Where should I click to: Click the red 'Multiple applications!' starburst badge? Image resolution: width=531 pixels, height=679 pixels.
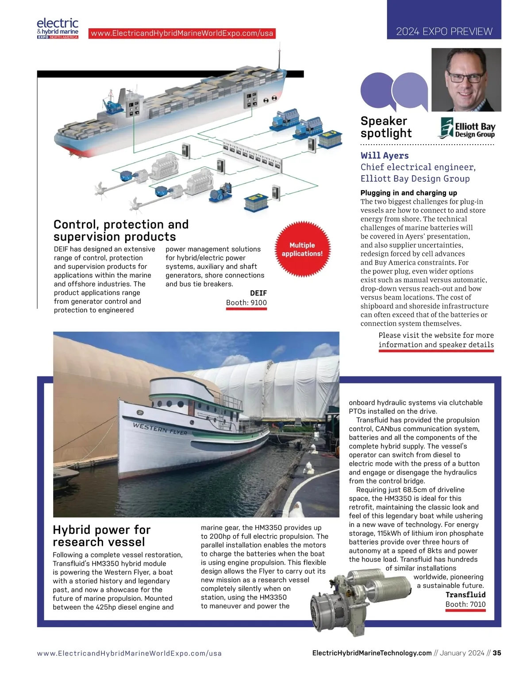click(302, 249)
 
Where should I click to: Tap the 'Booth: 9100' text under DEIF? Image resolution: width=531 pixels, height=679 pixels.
click(246, 303)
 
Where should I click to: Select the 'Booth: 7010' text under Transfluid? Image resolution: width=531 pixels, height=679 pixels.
click(466, 604)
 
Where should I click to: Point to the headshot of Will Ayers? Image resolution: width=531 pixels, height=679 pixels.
click(466, 80)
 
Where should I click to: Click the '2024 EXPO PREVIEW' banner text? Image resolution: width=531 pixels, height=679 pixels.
click(444, 31)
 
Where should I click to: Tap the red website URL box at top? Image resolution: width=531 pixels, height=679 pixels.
click(182, 33)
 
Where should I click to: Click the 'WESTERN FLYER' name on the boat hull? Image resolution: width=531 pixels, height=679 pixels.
click(160, 429)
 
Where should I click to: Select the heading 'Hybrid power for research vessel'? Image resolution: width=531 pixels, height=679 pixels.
click(102, 536)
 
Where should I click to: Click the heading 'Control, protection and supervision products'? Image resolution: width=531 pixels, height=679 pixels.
click(121, 230)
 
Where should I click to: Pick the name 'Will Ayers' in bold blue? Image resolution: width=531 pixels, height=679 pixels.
click(385, 155)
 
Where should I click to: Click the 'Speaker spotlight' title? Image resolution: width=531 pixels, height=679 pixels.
click(386, 127)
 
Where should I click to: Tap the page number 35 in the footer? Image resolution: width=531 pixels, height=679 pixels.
click(497, 653)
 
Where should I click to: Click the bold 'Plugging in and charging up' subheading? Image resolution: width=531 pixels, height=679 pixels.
click(408, 193)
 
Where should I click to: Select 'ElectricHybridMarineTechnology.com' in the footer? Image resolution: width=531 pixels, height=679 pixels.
click(372, 653)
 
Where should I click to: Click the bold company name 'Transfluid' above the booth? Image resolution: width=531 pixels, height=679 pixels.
click(466, 595)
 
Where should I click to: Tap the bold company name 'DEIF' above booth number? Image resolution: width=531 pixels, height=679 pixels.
click(258, 293)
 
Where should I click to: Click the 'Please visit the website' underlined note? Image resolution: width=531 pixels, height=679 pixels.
click(436, 340)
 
